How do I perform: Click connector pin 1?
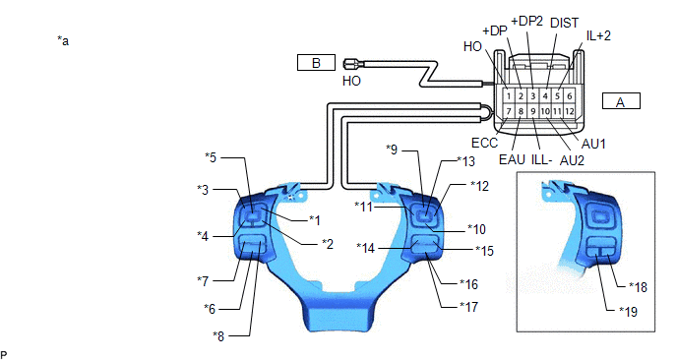(509, 96)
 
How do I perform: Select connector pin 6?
(570, 96)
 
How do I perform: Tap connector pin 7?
(509, 111)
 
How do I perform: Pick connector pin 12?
(570, 111)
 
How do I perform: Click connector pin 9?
(533, 111)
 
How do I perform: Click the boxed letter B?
(316, 63)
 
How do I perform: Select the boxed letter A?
(621, 102)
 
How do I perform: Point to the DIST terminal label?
(564, 23)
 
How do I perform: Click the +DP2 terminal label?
(526, 21)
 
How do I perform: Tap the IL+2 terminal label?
(598, 35)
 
